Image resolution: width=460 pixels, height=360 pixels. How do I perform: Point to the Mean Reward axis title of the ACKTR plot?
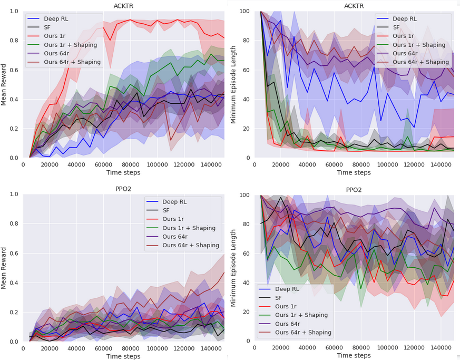click(x=5, y=84)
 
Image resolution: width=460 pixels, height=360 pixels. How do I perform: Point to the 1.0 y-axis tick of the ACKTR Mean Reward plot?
click(x=14, y=12)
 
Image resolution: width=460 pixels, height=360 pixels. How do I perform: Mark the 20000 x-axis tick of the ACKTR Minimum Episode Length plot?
click(x=281, y=164)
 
